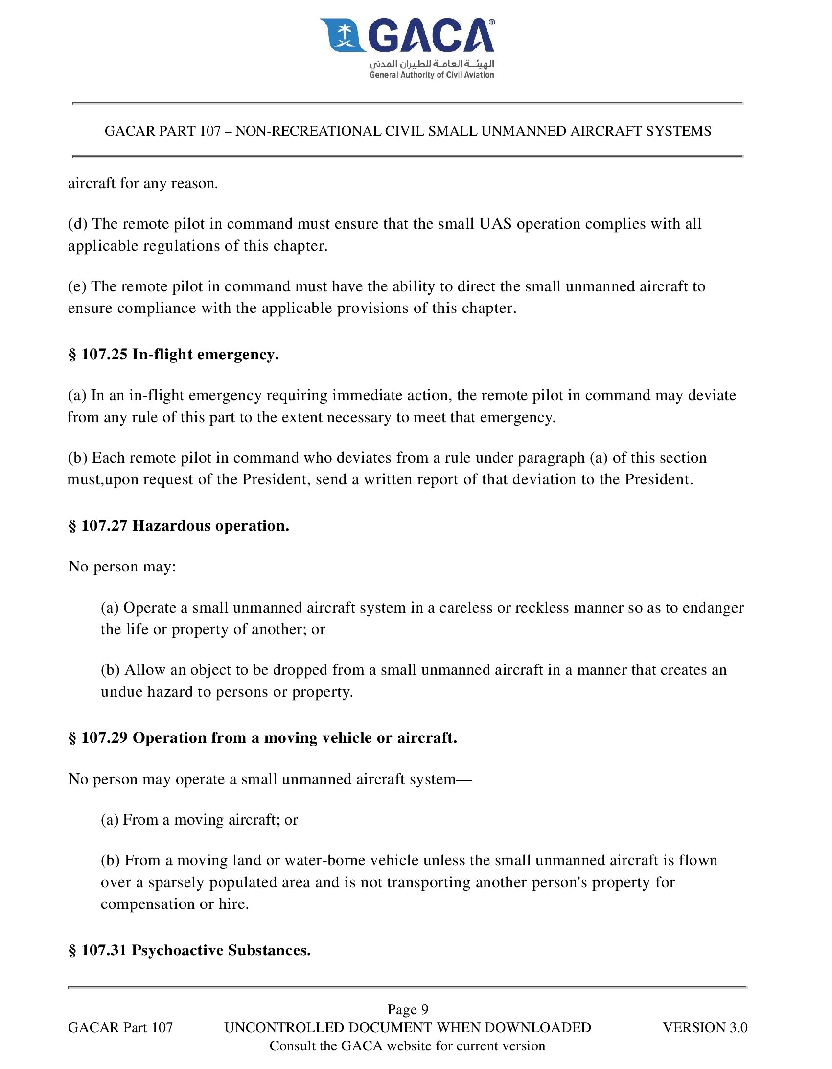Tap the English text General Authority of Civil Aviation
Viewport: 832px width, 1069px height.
coord(432,75)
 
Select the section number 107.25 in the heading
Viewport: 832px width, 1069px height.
coord(104,354)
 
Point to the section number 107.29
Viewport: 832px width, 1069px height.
coord(104,737)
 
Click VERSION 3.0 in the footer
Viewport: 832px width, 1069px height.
coord(705,1027)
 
